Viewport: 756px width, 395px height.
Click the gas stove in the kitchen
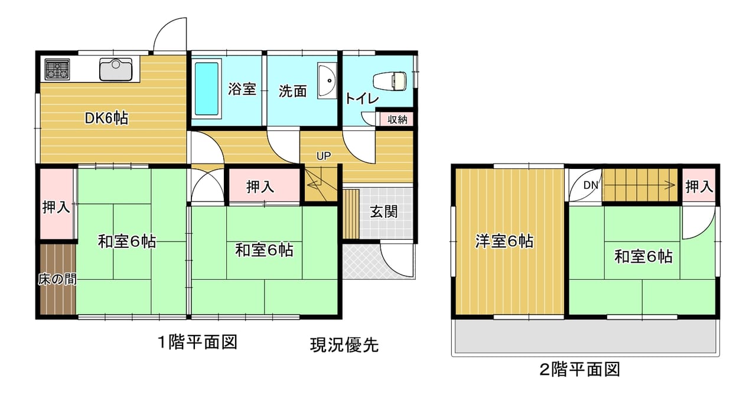pos(57,70)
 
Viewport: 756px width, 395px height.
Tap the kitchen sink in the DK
pos(115,70)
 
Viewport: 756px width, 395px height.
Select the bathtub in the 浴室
pos(207,89)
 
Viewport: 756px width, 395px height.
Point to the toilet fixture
pos(389,81)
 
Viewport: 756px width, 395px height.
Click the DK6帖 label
pos(106,119)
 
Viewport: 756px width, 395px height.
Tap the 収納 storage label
pos(397,119)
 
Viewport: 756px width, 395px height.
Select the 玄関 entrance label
pos(384,212)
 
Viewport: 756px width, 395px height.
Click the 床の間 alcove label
pos(57,279)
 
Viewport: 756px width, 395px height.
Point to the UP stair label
pos(323,156)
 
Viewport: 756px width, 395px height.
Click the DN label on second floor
pos(591,185)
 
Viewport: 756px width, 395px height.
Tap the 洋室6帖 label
pos(504,241)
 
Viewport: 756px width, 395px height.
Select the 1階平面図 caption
pos(198,342)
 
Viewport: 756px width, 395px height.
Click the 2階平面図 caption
pos(580,370)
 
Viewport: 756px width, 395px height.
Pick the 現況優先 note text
pos(344,345)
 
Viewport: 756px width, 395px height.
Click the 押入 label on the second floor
pos(699,187)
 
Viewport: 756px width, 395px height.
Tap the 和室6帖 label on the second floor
pos(643,257)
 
